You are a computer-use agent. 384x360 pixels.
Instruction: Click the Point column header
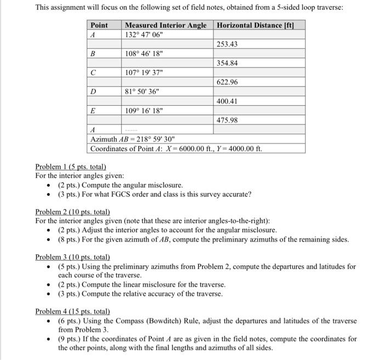pos(99,25)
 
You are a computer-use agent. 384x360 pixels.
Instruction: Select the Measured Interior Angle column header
pos(166,25)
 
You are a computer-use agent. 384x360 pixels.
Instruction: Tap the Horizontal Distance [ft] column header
pos(259,25)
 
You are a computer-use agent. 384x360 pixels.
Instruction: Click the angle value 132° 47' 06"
pos(144,35)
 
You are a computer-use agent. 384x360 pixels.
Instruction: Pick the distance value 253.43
pos(227,44)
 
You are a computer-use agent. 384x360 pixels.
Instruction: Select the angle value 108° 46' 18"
pos(144,54)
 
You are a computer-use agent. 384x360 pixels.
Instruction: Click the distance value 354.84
pos(227,63)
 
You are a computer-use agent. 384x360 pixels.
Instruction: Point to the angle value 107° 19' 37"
pos(144,73)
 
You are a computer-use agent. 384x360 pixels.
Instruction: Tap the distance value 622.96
pos(227,82)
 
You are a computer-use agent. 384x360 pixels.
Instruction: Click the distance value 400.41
pos(227,101)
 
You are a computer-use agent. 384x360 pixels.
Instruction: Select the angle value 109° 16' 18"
pos(144,111)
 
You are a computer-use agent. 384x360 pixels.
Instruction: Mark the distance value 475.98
pos(227,120)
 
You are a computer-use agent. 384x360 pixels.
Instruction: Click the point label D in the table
pos(93,92)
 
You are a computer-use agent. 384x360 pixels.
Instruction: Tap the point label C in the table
pos(93,73)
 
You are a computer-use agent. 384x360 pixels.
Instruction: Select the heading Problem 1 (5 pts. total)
pos(70,167)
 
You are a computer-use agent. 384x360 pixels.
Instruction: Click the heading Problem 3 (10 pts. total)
pos(72,257)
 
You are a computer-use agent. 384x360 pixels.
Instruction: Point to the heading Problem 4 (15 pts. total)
pos(72,311)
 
